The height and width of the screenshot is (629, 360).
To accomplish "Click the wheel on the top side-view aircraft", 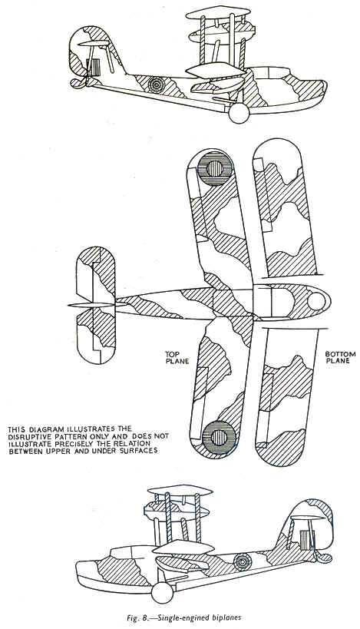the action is point(239,113).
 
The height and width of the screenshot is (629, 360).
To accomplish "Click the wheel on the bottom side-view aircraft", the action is point(163,592).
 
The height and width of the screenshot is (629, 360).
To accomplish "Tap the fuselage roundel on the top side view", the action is point(156,85).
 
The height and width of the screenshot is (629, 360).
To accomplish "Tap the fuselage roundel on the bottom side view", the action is point(242,561).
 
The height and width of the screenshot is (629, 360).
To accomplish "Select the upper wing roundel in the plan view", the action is point(216,168).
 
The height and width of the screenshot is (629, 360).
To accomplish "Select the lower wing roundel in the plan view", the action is point(219,438).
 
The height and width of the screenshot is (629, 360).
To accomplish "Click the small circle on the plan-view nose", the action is point(316,301).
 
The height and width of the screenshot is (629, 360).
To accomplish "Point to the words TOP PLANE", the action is point(177,357).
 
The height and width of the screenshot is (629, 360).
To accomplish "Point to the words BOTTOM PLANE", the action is point(340,357).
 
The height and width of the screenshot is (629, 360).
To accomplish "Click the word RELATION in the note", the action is point(134,444).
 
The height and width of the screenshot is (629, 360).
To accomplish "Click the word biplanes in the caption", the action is point(227,618).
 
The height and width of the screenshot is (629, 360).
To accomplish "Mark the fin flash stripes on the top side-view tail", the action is point(95,67).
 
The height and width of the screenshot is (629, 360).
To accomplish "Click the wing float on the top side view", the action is point(218,85).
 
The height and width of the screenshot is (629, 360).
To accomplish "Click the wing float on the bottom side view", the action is point(182,564).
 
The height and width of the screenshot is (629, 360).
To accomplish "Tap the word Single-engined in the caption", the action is point(187,618).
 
